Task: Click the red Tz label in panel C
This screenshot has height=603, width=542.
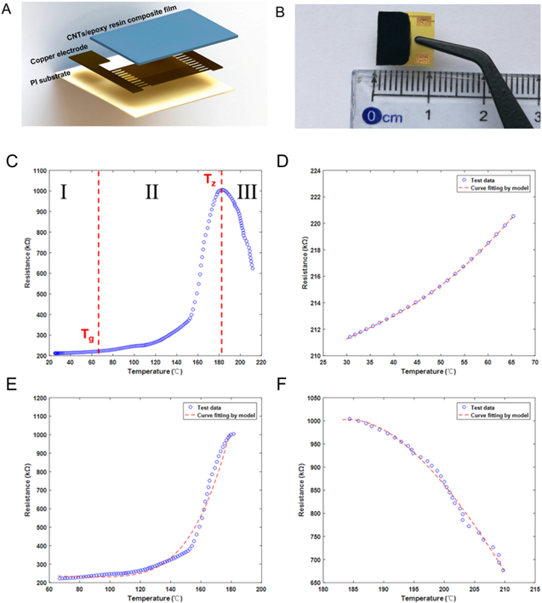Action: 209,179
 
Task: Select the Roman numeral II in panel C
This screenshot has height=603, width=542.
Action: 151,192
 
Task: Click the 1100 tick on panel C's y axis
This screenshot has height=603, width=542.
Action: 37,170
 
